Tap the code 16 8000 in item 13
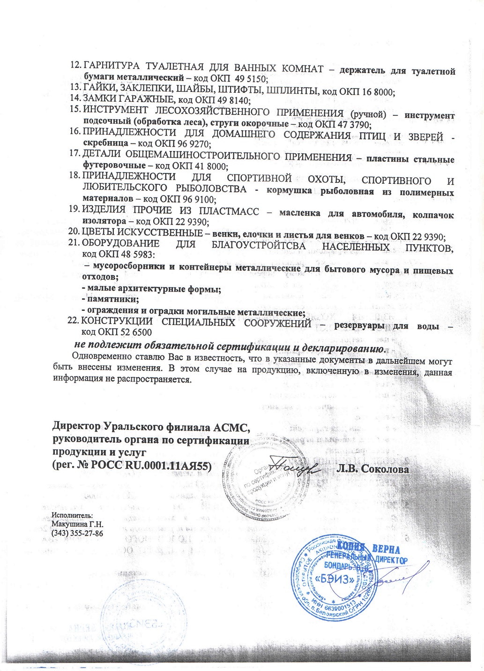tap(380, 93)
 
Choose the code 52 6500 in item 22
tap(138, 332)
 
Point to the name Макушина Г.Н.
tap(77, 524)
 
